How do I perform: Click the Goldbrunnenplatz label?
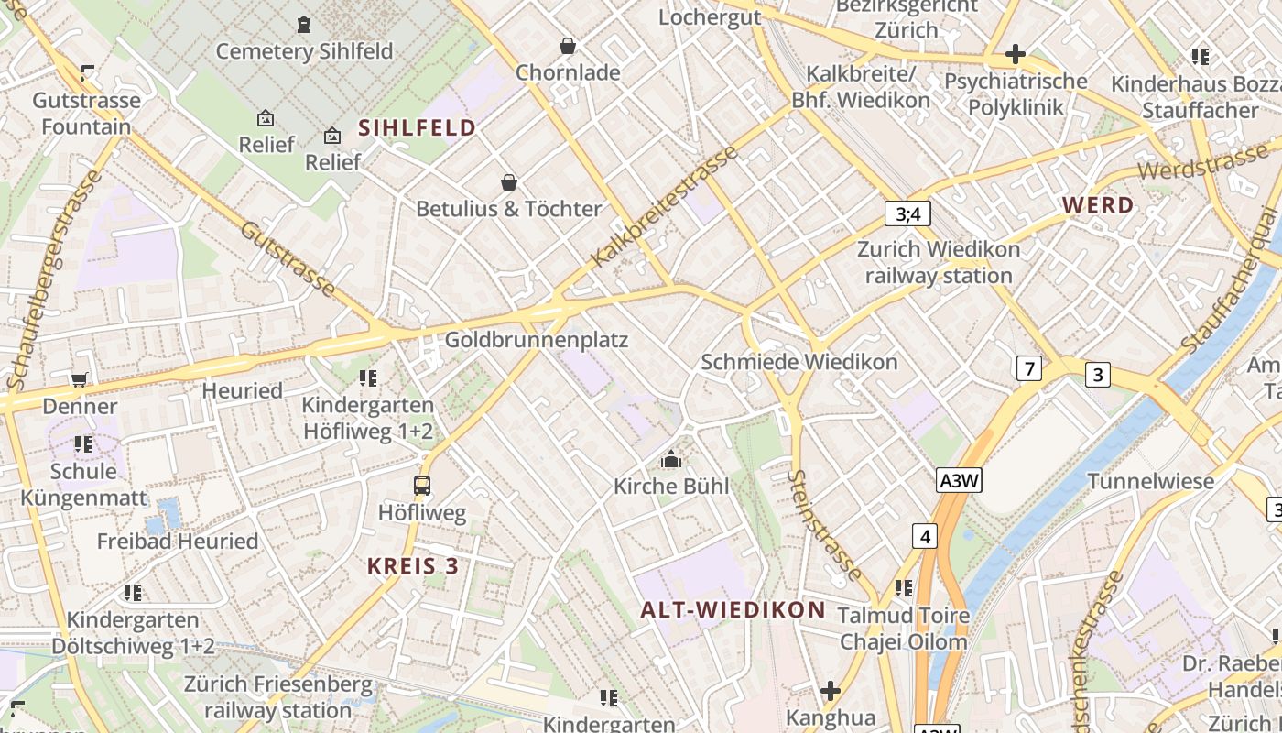tap(537, 340)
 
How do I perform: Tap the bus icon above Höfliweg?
tap(422, 486)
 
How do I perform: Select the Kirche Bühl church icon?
tap(671, 459)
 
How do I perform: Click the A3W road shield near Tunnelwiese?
tap(959, 480)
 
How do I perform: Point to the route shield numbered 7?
tap(1029, 368)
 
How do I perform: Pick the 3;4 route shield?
tap(907, 214)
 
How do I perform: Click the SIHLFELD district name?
tap(417, 127)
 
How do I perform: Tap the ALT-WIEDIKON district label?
tap(733, 609)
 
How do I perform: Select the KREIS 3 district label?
tap(413, 565)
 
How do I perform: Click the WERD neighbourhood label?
tap(1098, 205)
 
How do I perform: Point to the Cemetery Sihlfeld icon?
tap(304, 25)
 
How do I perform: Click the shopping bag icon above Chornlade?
tap(568, 45)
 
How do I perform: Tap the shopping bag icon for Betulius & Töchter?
tap(509, 182)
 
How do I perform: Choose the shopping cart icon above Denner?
tap(80, 379)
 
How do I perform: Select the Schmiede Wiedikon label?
tap(799, 362)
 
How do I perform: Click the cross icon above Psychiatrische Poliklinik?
tap(1015, 54)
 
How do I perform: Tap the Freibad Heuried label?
tap(178, 541)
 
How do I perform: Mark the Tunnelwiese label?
tap(1150, 481)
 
